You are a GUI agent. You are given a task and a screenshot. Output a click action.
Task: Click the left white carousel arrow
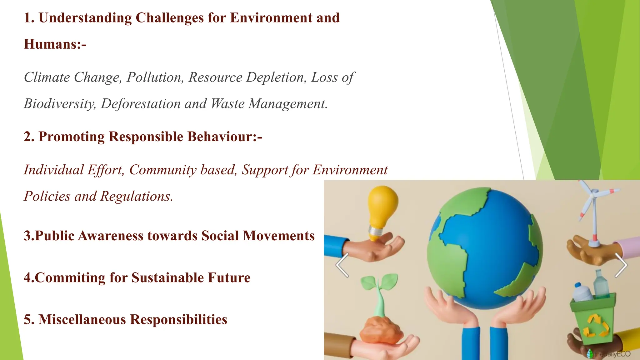point(342,265)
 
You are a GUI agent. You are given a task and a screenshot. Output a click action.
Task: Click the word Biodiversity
point(60,104)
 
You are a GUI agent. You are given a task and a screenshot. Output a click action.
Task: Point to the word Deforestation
point(141,104)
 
